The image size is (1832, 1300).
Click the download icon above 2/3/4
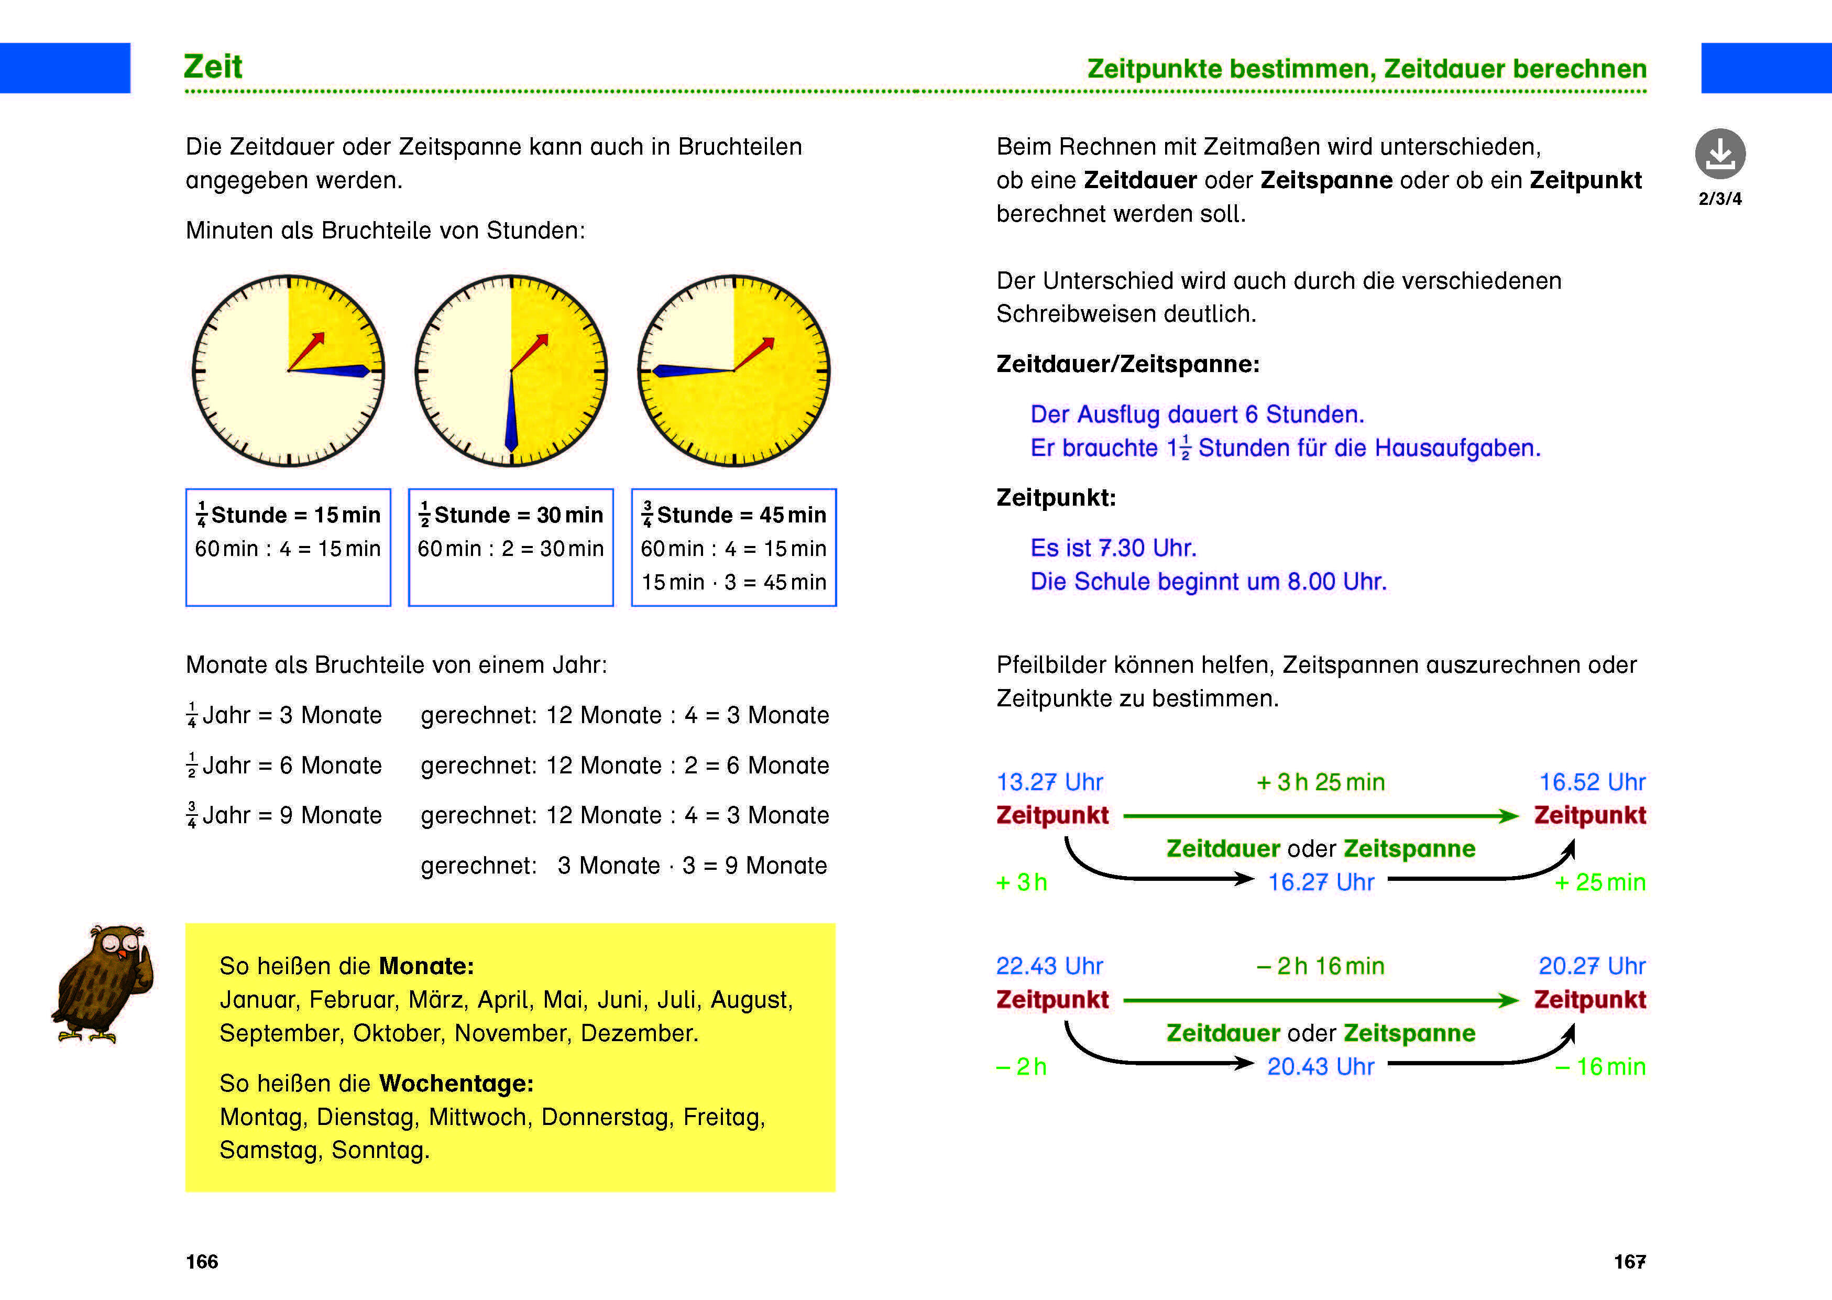click(1720, 154)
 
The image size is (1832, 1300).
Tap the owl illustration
click(104, 985)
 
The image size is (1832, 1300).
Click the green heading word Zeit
click(213, 67)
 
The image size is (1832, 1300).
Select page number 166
click(202, 1262)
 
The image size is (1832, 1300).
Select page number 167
click(1629, 1262)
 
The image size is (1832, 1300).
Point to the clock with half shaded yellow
click(511, 370)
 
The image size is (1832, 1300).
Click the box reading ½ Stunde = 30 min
click(511, 547)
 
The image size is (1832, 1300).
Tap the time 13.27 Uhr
click(1049, 782)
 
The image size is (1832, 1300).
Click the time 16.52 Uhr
click(1592, 782)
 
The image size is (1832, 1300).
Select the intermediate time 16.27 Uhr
click(1321, 882)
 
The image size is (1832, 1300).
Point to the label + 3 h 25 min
click(1321, 782)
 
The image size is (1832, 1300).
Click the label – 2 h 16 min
click(1321, 966)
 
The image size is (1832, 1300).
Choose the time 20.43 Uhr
click(1321, 1066)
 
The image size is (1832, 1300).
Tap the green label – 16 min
click(1600, 1066)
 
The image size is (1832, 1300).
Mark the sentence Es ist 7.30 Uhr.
click(1113, 548)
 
